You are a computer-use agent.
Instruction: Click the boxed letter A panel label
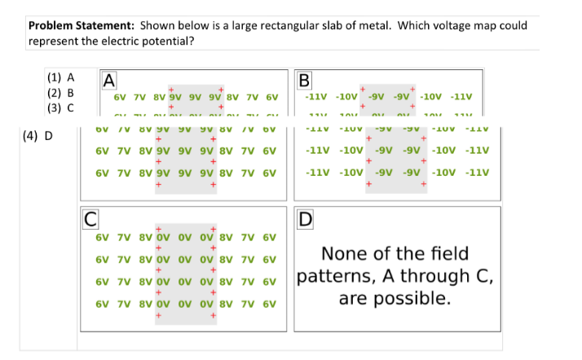[108, 80]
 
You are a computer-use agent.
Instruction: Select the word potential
[166, 40]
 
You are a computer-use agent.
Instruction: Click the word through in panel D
[439, 276]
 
